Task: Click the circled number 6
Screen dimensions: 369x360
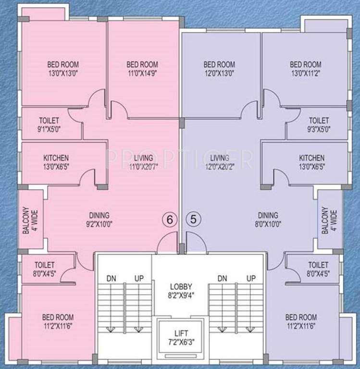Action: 168,219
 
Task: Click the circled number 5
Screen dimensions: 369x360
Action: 193,219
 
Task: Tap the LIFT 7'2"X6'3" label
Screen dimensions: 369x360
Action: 181,337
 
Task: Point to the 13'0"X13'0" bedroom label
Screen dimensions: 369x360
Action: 63,69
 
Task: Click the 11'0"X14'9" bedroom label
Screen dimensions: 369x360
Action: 142,69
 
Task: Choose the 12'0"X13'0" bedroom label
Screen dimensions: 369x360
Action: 219,69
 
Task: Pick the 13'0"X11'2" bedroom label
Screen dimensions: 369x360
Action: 306,69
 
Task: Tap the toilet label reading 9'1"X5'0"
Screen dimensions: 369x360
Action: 49,124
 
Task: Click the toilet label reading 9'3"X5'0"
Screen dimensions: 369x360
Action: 319,124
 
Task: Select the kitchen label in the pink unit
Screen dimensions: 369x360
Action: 56,162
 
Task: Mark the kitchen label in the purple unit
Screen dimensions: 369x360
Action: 311,162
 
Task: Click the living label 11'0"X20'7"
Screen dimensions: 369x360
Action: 143,162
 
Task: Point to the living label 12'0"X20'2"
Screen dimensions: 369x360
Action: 219,162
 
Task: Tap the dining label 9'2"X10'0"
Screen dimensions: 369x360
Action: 99,220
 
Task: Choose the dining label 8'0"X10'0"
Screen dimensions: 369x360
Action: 268,220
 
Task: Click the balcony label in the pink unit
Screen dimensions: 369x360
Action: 29,221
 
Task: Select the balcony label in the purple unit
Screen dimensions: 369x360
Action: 330,221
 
